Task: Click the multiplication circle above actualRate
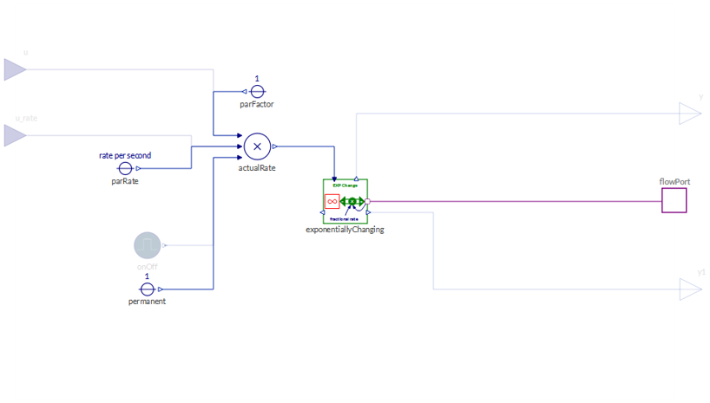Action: pos(257,146)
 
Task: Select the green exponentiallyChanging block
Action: pos(345,201)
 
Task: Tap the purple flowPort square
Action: pos(674,201)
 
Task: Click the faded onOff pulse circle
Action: pos(148,245)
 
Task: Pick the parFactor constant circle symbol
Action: pos(257,91)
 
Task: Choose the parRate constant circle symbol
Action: pos(125,168)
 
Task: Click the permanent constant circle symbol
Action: pos(148,289)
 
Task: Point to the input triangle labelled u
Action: pos(14,69)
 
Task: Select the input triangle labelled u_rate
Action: pos(14,135)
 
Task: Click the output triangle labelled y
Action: pos(690,114)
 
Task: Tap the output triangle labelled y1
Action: pos(690,289)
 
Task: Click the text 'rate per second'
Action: pos(125,156)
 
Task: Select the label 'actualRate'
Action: pos(257,168)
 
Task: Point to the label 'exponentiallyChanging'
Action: pos(345,231)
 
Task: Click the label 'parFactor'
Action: pos(257,105)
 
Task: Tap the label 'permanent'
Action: pos(148,302)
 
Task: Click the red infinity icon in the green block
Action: pos(332,201)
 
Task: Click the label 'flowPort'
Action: pos(674,182)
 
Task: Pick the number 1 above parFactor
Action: pos(257,79)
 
